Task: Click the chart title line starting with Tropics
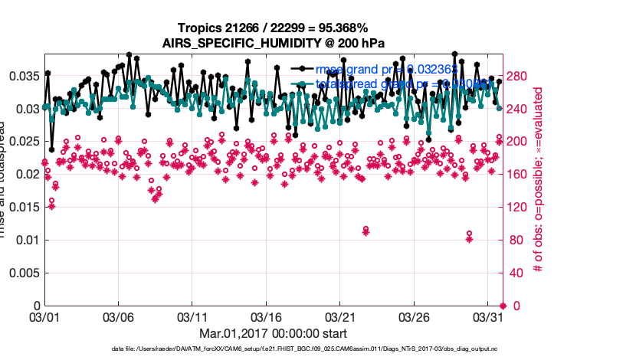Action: (x=272, y=28)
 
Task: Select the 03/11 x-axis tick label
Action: (x=193, y=316)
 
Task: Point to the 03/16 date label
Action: (x=267, y=316)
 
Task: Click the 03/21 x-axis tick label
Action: (x=342, y=316)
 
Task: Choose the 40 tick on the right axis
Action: (x=514, y=273)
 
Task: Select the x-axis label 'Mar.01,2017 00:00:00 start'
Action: (x=274, y=333)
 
